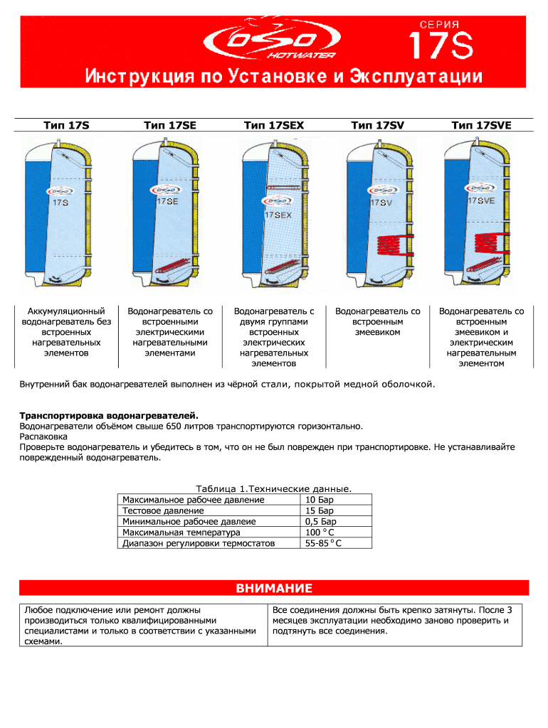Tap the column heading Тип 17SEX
[x=273, y=126]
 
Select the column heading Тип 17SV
[x=377, y=126]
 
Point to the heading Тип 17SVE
[x=481, y=126]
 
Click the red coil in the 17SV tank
[x=389, y=245]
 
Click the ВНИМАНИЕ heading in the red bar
[x=273, y=589]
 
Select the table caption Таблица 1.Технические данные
[x=273, y=489]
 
